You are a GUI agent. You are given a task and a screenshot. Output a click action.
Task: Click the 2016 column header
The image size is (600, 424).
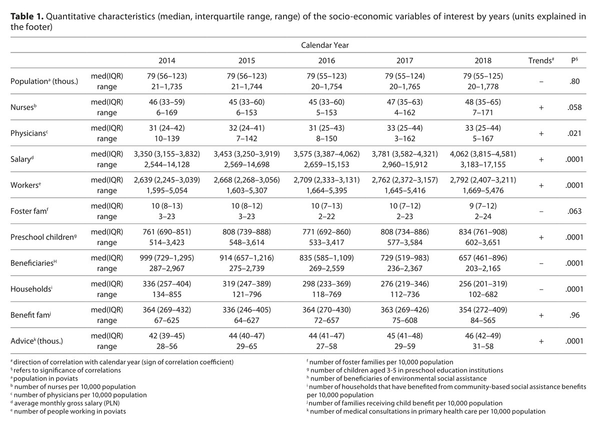tap(326, 60)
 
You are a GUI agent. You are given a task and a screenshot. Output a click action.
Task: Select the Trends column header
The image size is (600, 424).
tap(541, 60)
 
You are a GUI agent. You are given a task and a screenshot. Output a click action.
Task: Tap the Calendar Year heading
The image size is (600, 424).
tap(324, 45)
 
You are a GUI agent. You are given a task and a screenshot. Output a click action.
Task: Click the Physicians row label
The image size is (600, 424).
tap(29, 133)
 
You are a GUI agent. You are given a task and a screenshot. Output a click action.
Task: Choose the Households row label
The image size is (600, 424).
tap(31, 289)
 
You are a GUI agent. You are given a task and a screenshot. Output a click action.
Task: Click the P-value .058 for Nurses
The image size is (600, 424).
tap(574, 107)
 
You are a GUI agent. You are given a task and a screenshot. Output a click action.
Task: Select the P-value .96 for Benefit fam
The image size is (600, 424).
tap(574, 315)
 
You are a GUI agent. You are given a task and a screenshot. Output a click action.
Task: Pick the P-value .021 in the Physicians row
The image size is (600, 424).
tap(574, 133)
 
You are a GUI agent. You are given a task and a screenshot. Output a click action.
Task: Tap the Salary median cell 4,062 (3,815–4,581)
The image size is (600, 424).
tap(483, 154)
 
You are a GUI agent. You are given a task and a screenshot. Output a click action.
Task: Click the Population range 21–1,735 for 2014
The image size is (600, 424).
tap(167, 87)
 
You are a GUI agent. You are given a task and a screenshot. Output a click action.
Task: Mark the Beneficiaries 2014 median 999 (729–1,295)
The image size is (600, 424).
tap(167, 258)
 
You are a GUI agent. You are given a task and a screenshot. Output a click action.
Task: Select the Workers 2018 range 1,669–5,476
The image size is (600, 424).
tap(483, 190)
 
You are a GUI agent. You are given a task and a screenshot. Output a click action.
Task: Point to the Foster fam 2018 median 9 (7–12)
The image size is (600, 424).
tap(483, 206)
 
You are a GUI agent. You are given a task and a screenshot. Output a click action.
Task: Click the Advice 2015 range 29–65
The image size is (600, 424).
tap(246, 346)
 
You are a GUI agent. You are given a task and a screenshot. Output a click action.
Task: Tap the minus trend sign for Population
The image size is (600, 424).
tap(541, 81)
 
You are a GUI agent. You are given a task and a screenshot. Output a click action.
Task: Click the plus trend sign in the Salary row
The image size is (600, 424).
tap(541, 159)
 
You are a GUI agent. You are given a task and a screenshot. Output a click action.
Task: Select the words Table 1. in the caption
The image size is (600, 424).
tap(27, 16)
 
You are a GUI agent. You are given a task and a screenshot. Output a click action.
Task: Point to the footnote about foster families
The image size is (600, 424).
tap(380, 362)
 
